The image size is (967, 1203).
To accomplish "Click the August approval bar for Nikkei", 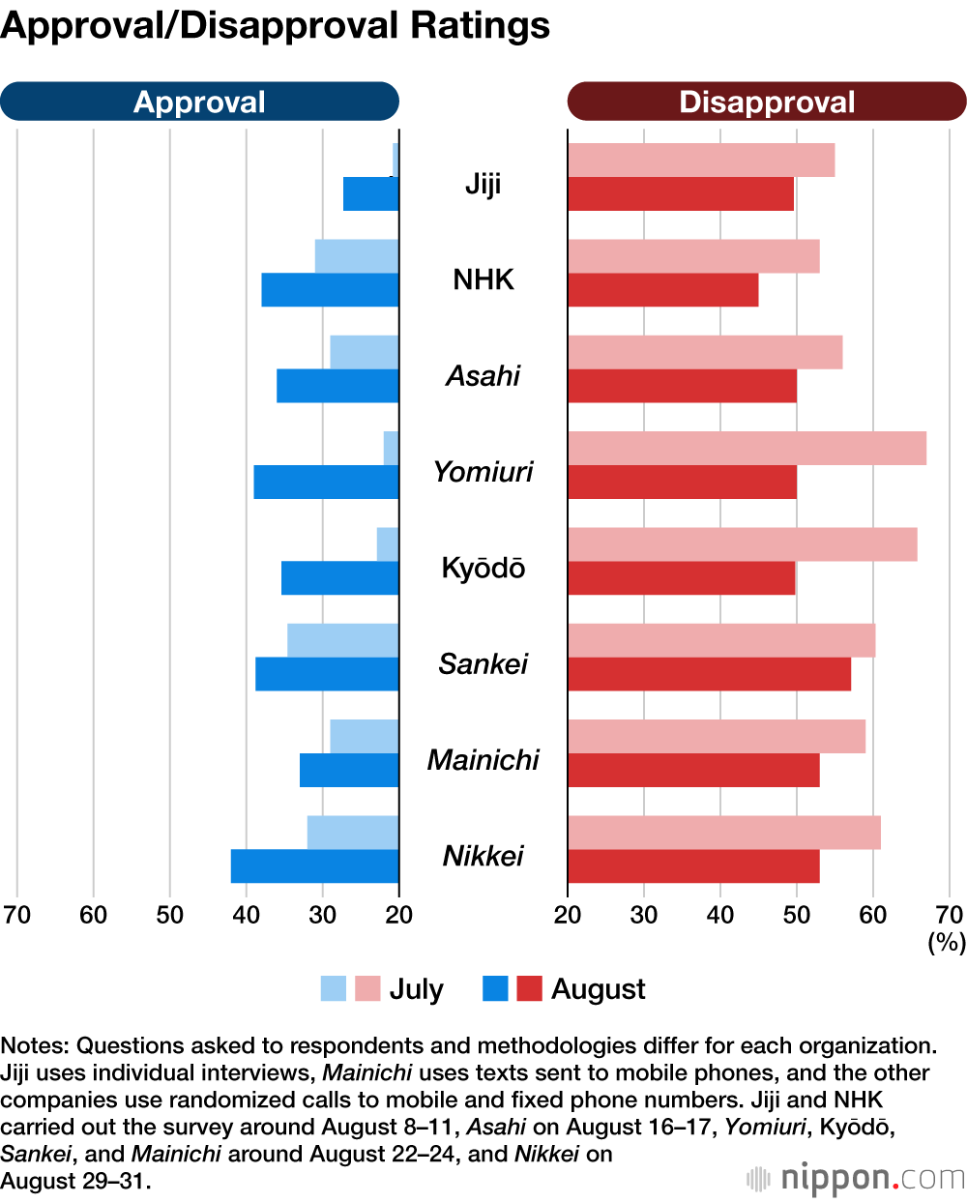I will pos(314,866).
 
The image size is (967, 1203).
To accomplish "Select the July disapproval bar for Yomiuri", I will pos(747,448).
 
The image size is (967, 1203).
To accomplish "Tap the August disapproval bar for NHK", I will pos(662,290).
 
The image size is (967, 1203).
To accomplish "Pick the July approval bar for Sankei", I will pos(342,640).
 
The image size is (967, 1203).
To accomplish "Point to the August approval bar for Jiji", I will pos(370,194).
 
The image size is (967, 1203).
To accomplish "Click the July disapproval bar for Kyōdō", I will pos(742,544).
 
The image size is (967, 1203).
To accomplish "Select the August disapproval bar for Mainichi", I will pos(693,771).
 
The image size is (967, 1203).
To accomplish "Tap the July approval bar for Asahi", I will pos(364,352).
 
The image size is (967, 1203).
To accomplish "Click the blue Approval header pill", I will pos(199,102).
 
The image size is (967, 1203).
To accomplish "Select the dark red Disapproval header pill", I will pos(767,102).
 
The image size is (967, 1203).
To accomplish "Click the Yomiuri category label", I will pos(483,472).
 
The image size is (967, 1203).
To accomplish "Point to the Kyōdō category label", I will pos(483,568).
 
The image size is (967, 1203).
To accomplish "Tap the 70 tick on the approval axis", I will pos(16,915).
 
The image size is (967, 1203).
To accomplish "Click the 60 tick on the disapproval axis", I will pos(873,915).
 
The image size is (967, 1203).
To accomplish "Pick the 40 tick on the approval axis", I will pos(246,915).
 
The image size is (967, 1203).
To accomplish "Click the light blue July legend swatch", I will pos(333,988).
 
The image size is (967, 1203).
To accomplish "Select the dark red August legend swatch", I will pos(529,988).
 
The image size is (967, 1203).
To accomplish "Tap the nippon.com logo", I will pos(857,1179).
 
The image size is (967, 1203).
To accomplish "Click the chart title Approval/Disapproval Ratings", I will pos(276,26).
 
